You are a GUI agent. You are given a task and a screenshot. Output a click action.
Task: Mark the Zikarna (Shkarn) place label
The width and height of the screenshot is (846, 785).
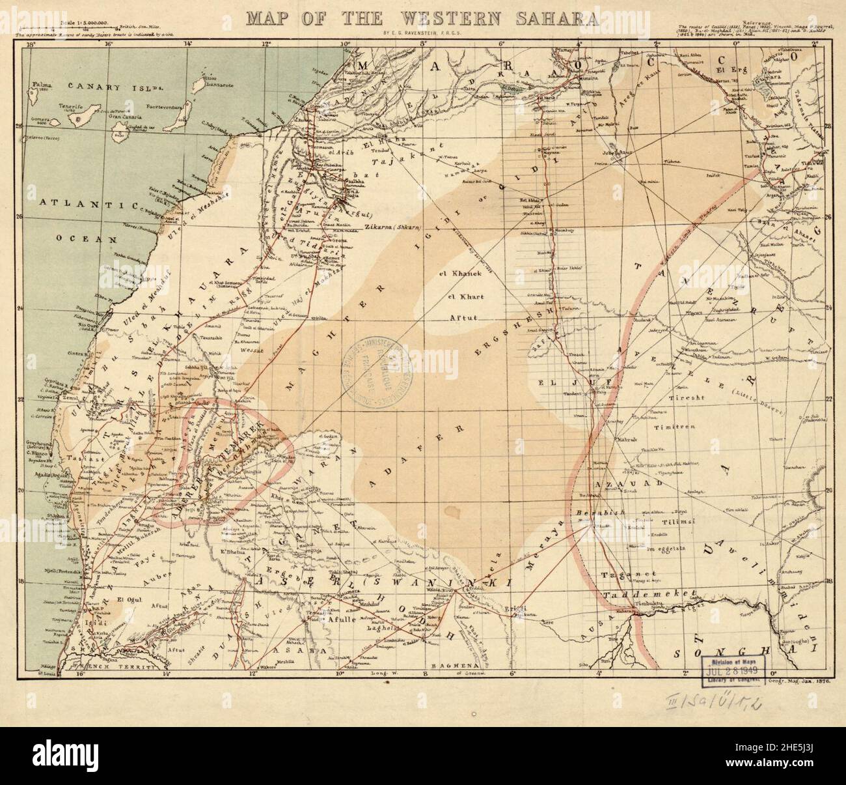(391, 227)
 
